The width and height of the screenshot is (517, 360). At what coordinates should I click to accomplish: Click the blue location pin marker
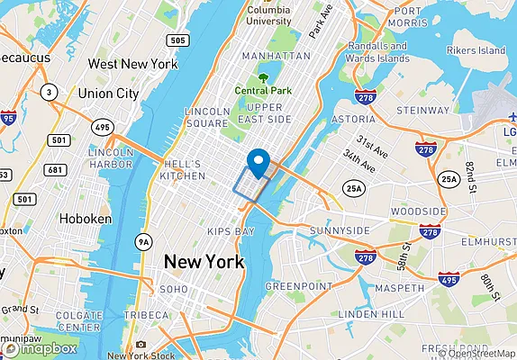point(259,163)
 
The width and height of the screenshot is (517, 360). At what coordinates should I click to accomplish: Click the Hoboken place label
point(85,219)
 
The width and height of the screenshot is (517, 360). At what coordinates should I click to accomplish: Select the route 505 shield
point(177,40)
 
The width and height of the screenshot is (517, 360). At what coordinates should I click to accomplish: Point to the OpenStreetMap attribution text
point(476,353)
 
